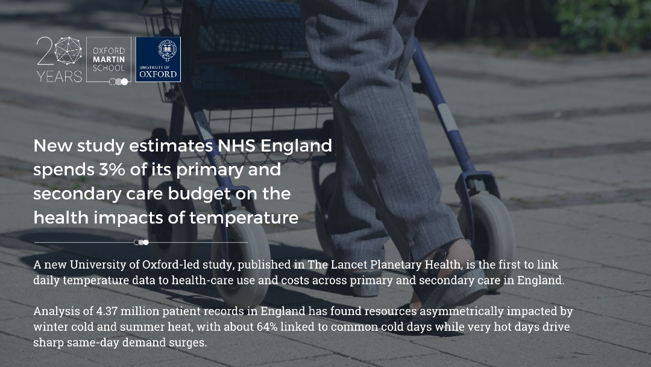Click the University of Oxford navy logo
(x=158, y=59)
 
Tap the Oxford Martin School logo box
(x=108, y=59)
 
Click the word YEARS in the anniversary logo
(x=59, y=77)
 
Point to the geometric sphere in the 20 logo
(x=68, y=51)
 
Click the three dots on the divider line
(x=141, y=242)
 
